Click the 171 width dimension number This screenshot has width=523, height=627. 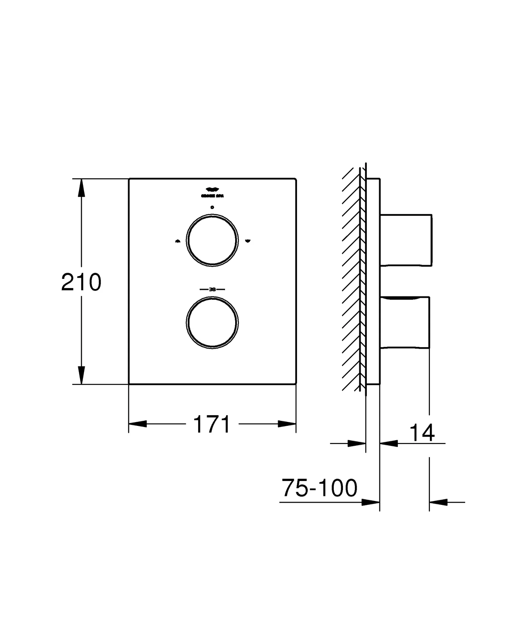coord(212,424)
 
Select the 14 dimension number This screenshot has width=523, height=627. coord(422,433)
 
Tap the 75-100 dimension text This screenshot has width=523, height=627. coord(319,488)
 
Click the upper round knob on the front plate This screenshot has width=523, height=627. coord(212,240)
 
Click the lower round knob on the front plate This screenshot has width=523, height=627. coord(212,323)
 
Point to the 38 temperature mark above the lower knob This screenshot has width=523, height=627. coord(212,289)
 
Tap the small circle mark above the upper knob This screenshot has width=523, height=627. coord(212,207)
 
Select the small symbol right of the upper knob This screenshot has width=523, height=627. coord(248,241)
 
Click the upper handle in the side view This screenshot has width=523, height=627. coord(406,240)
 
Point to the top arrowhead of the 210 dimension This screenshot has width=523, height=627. coord(81,188)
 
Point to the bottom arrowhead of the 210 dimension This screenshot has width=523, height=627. coord(81,375)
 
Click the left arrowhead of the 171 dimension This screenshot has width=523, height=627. coord(138,424)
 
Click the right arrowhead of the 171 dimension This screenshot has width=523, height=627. coord(287,424)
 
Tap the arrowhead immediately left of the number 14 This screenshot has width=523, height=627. coord(389,443)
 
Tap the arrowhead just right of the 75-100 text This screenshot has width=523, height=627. coord(371,502)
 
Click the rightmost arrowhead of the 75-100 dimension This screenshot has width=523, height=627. coord(438,502)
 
